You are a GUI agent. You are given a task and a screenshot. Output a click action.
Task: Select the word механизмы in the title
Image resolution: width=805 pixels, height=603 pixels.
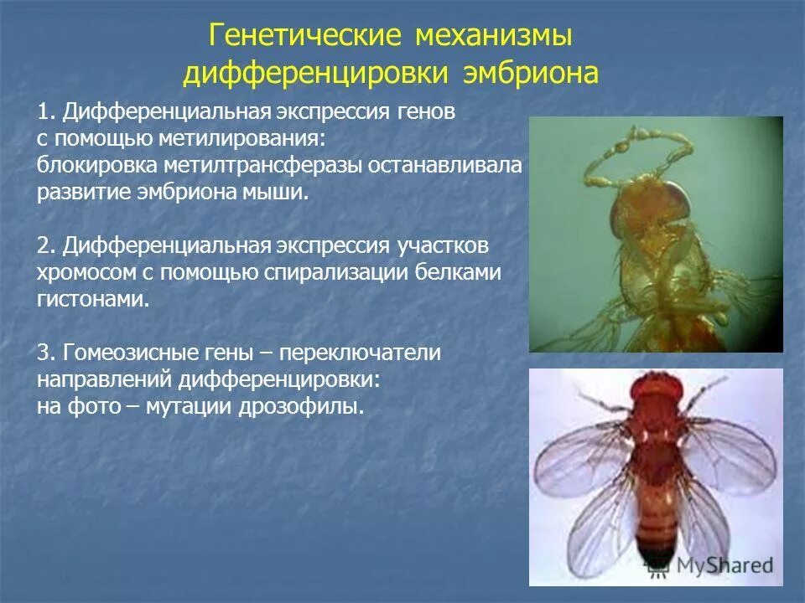[x=493, y=36]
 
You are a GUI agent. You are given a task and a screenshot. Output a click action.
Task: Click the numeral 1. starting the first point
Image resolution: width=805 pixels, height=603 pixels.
[x=47, y=112]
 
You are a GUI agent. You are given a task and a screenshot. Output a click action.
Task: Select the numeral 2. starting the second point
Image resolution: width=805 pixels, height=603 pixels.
[x=47, y=246]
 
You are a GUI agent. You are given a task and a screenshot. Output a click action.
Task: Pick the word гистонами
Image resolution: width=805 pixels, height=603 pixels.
[x=93, y=300]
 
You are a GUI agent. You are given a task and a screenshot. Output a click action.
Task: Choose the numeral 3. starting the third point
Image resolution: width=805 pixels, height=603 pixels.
[x=47, y=353]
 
